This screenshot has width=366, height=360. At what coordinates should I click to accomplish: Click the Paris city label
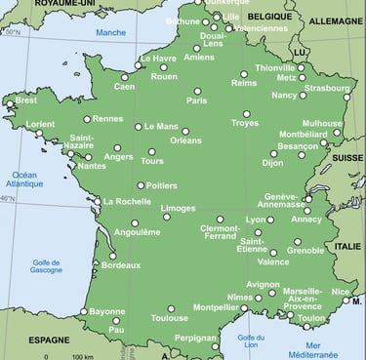[197, 100]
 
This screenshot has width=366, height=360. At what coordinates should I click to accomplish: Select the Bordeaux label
[121, 264]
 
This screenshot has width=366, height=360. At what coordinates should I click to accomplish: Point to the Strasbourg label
[326, 88]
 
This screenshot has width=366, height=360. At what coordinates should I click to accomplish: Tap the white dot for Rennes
[87, 119]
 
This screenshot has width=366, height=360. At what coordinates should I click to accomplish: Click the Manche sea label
[110, 33]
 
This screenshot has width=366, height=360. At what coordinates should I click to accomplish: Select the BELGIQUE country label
[269, 18]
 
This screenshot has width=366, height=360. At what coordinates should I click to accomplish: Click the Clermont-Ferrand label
[221, 232]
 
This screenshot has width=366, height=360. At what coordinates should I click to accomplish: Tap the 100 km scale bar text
[82, 357]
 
